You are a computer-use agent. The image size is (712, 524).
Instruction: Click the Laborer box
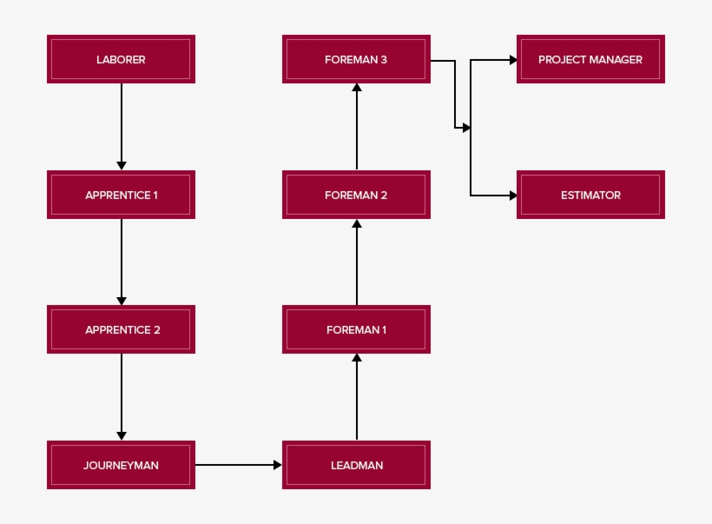[x=121, y=59]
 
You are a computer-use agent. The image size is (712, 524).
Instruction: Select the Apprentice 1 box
[x=121, y=195]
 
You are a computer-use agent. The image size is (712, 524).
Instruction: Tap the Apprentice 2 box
[x=121, y=329]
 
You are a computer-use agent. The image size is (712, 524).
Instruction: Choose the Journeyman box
[x=121, y=465]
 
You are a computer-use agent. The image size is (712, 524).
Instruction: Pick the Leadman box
[x=356, y=465]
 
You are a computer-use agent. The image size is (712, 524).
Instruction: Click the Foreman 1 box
[x=356, y=329]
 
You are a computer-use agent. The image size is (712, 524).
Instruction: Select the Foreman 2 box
[x=356, y=195]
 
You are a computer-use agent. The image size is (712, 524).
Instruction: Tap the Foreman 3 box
[x=356, y=59]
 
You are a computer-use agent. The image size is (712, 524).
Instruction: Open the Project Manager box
[x=590, y=59]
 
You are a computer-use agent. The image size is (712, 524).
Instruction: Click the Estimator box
[x=590, y=195]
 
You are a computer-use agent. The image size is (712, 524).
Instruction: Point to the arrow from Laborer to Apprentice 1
[x=122, y=126]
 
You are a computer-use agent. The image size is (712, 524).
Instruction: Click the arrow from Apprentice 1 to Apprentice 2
[x=122, y=262]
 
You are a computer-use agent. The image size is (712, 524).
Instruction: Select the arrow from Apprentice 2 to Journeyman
[x=122, y=396]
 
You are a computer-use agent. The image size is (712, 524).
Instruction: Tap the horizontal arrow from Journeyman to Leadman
[x=239, y=465]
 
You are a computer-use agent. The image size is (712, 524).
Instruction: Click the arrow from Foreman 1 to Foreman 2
[x=357, y=262]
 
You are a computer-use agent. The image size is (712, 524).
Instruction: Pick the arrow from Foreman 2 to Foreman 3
[x=357, y=127]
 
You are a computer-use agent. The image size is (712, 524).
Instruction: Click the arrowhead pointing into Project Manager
[x=512, y=60]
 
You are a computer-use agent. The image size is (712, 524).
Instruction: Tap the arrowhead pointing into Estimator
[x=512, y=196]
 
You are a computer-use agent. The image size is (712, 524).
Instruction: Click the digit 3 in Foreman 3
[x=383, y=59]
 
